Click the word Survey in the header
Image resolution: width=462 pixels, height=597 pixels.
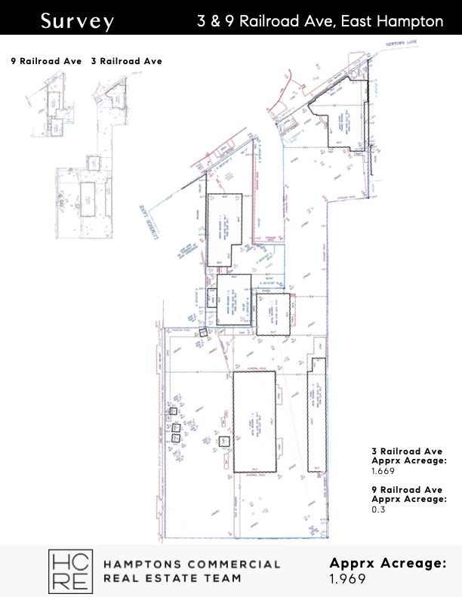point(77,20)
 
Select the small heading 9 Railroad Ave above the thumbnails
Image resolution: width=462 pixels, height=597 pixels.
point(46,61)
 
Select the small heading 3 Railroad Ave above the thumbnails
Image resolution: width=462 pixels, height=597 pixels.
point(126,61)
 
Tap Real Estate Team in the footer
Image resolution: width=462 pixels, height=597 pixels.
point(171,579)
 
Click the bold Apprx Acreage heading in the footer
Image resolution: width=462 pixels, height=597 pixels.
point(388,563)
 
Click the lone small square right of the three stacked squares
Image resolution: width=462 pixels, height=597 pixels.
point(223,441)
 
